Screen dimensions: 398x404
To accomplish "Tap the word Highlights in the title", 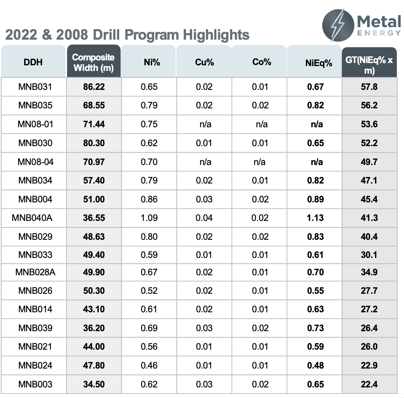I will coord(216,35).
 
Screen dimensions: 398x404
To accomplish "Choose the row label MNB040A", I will coord(32,218).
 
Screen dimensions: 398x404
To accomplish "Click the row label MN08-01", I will coord(36,124).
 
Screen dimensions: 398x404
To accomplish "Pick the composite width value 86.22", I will coord(94,87).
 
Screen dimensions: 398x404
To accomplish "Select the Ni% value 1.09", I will coord(149,218).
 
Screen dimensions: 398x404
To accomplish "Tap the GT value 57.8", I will coord(369,87).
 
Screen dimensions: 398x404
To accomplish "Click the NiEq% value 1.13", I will coord(315,218).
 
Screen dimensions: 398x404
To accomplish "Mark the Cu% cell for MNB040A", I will coord(204,218).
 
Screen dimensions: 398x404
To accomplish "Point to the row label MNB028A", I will coord(35,272).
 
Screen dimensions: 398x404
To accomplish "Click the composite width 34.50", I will coord(94,384).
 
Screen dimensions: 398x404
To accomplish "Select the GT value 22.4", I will coord(369,384).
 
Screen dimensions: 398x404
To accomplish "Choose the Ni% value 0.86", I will coord(149,199).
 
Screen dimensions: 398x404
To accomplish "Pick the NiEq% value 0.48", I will coord(315,366).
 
